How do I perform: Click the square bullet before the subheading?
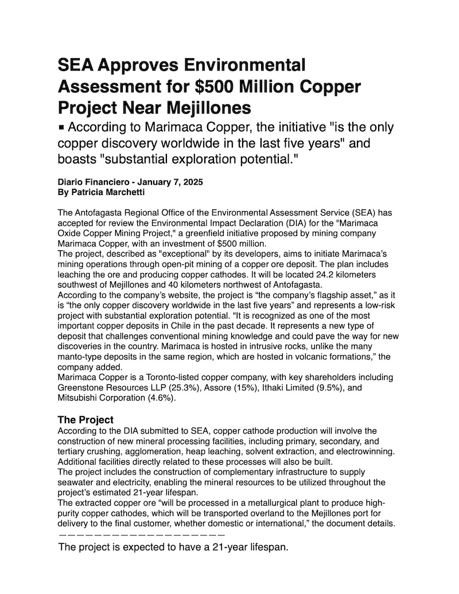tap(62, 127)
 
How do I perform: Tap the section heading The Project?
tap(85, 420)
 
